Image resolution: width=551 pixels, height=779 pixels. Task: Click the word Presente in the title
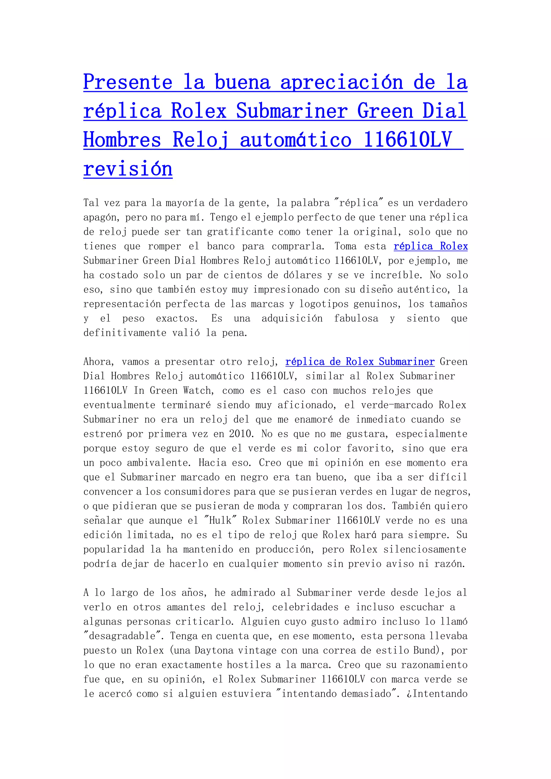[128, 83]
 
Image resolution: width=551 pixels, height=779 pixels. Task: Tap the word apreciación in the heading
[341, 83]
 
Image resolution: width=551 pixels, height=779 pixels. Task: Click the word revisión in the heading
[128, 169]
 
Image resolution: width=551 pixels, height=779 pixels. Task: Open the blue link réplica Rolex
[430, 246]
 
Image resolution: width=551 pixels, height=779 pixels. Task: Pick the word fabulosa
[356, 318]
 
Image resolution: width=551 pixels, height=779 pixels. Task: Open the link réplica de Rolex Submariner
[360, 362]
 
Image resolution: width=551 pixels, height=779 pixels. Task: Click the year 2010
[241, 434]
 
